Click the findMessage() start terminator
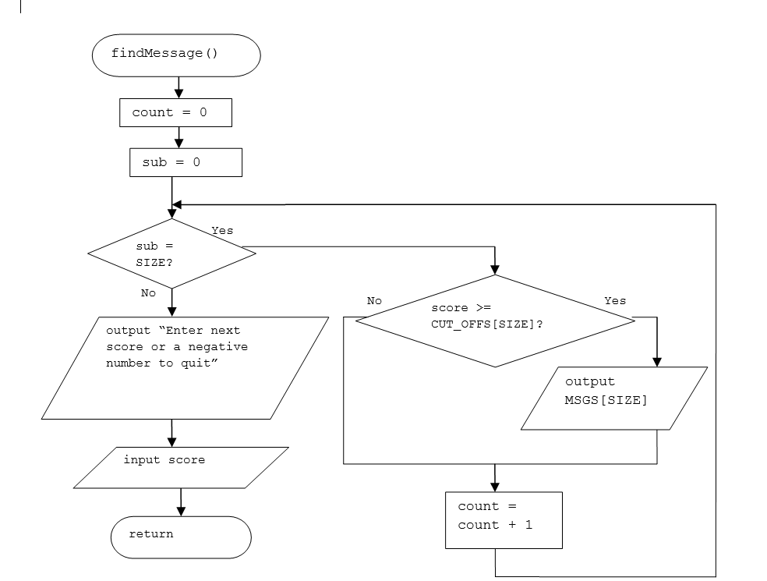[x=175, y=55]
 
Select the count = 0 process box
[x=175, y=112]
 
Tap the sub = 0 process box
[x=186, y=162]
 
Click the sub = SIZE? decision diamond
[x=171, y=253]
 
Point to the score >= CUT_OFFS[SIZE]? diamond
[x=494, y=320]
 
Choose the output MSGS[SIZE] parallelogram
[x=613, y=398]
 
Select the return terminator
[x=180, y=536]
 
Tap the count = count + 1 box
[x=503, y=519]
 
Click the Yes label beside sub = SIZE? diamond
[x=222, y=231]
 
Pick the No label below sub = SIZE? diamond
[x=148, y=293]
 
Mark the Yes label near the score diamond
[x=615, y=301]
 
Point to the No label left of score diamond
[x=374, y=301]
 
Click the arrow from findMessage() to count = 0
[x=180, y=87]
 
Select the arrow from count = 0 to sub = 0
[x=180, y=138]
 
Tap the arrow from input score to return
[x=181, y=501]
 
